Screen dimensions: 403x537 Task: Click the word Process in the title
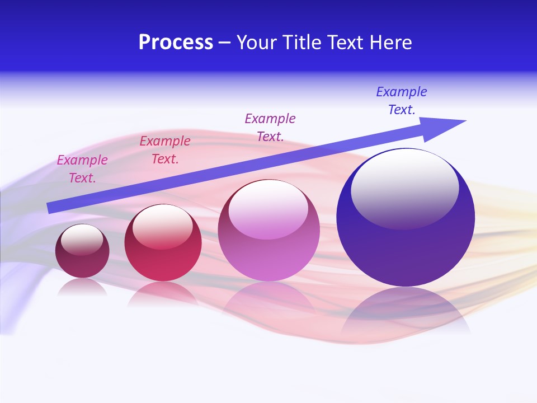click(x=176, y=43)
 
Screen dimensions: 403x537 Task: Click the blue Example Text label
click(x=402, y=101)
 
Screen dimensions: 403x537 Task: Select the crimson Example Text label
click(x=165, y=150)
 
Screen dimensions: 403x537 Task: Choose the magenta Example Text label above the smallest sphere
click(x=82, y=169)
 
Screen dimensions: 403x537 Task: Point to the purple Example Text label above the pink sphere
click(x=270, y=127)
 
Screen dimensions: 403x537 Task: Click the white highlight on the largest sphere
click(x=404, y=188)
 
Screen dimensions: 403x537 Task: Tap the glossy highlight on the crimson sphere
click(x=163, y=226)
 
